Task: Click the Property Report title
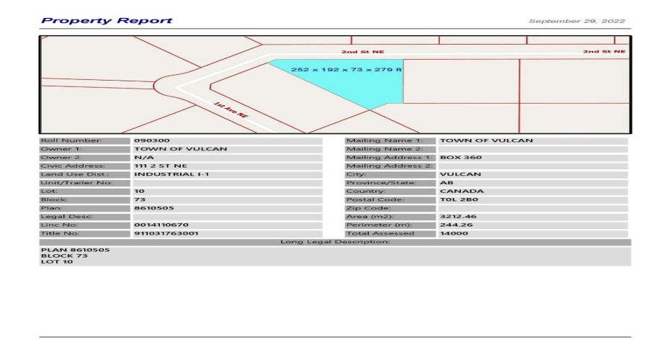click(107, 20)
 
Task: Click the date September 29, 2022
click(576, 21)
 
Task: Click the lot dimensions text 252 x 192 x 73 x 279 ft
click(347, 70)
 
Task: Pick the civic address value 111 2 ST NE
click(161, 166)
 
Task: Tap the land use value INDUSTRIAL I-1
click(171, 174)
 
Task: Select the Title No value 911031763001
click(166, 233)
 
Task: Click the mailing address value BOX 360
click(461, 157)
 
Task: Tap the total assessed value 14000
click(453, 233)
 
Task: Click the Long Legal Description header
click(335, 242)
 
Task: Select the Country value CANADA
click(462, 191)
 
